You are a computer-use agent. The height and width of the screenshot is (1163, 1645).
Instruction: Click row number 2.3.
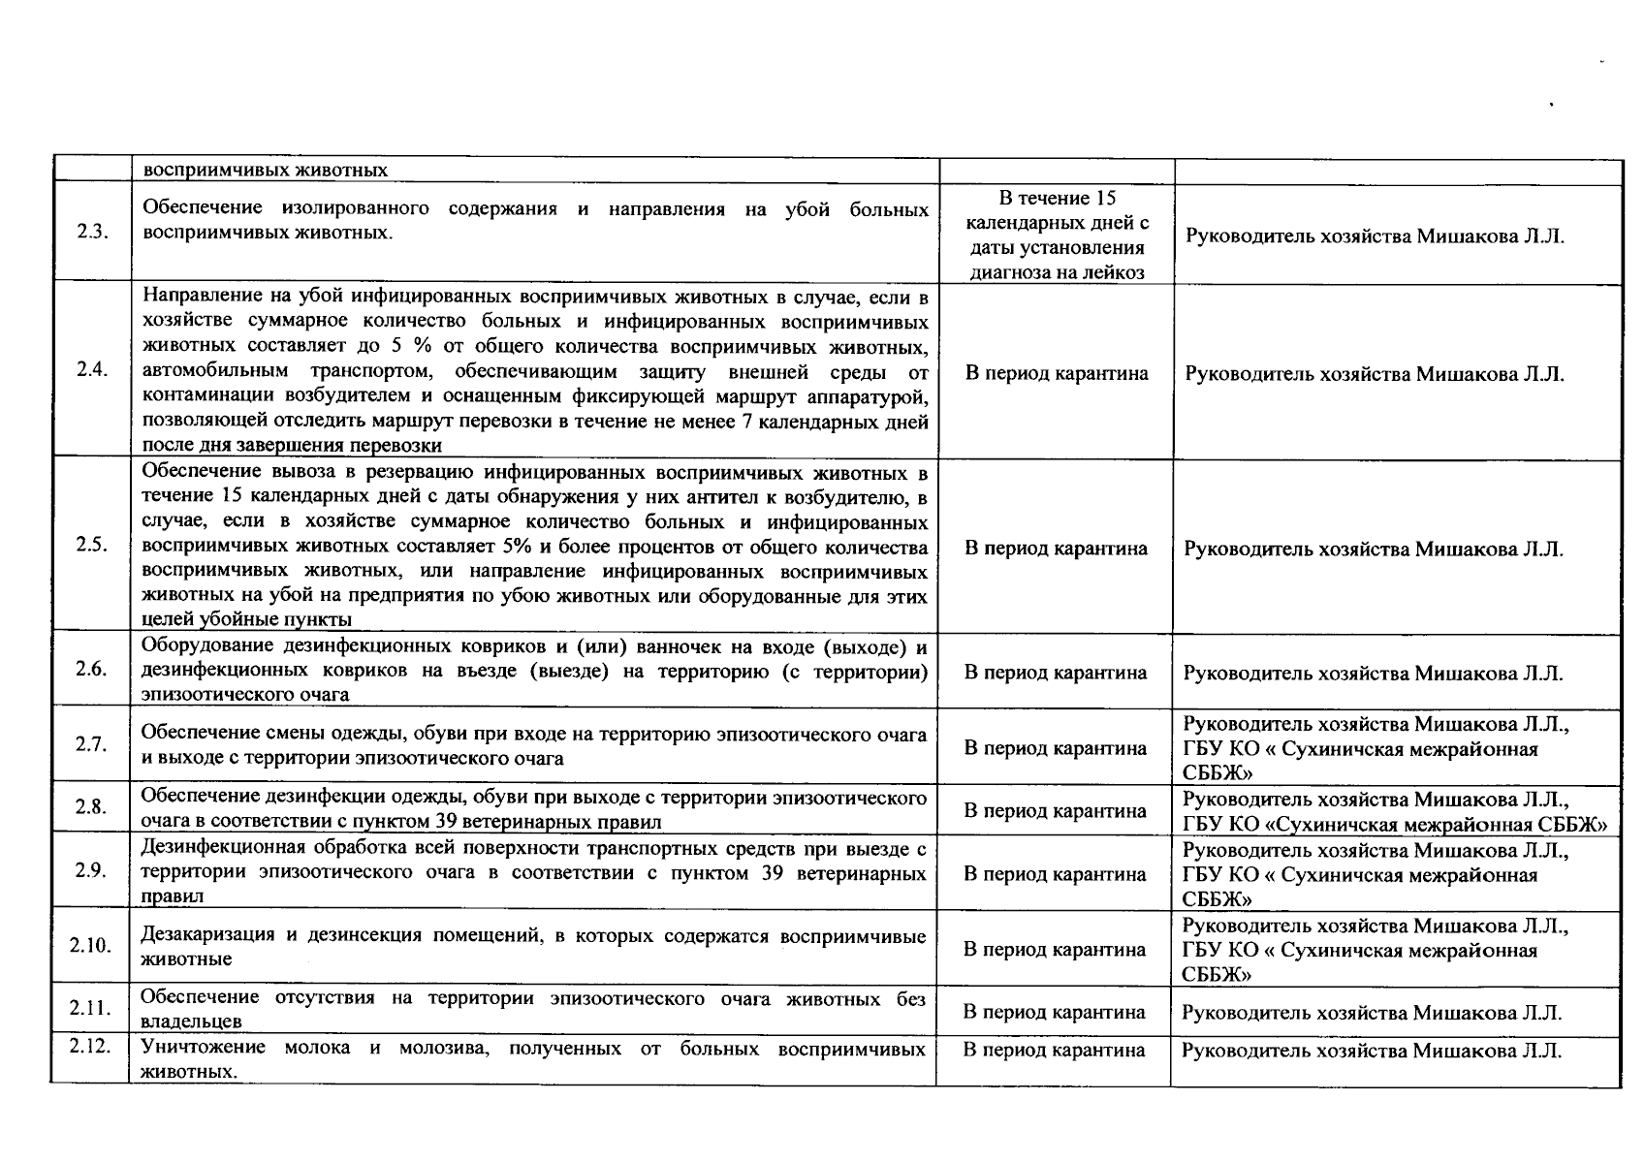point(90,235)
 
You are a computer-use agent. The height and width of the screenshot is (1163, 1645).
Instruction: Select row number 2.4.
point(90,371)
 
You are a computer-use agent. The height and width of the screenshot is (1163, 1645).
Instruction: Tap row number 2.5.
point(90,545)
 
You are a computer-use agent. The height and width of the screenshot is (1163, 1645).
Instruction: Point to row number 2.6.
point(90,670)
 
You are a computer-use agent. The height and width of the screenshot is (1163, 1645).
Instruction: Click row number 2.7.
point(90,744)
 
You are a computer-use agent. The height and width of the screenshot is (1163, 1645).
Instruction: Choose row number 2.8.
point(90,808)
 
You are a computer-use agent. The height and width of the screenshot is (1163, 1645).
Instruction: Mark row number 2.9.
point(90,870)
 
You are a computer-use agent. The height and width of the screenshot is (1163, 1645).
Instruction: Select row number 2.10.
point(90,946)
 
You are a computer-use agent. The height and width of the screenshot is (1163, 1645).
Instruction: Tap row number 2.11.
point(90,1009)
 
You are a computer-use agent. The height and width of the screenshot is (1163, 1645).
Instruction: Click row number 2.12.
point(90,1047)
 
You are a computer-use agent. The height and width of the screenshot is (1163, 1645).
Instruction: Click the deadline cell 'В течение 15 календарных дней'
point(1057,236)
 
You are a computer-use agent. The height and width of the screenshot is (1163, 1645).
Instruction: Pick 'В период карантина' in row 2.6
point(1056,673)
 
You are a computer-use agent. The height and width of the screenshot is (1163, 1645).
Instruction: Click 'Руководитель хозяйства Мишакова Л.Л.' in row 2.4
point(1375,374)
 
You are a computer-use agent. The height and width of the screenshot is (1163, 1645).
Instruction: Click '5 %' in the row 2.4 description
point(417,346)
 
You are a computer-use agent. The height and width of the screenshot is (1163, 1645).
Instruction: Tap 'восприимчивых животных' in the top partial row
point(265,171)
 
